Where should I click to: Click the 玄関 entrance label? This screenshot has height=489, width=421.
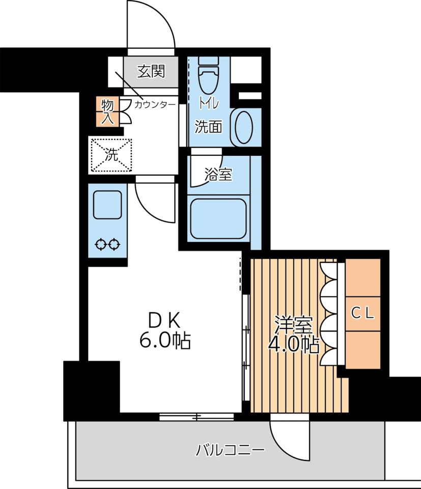coord(151,71)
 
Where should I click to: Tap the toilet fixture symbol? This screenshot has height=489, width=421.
coord(209,76)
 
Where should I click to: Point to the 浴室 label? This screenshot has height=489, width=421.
coord(218,174)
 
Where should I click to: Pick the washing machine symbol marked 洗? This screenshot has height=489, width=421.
coord(111,155)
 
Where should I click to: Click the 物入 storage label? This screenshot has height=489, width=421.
coord(107,112)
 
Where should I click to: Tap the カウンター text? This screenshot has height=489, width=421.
coord(155,104)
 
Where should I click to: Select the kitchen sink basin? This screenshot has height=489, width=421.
coord(107,205)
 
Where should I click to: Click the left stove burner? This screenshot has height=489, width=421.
coord(101,244)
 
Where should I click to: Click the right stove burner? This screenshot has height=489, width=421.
coord(114,244)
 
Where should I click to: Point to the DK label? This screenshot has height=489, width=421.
coord(164,320)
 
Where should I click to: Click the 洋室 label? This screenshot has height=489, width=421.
coord(293,325)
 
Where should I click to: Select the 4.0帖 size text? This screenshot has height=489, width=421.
coord(294,344)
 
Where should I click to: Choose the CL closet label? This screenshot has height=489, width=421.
coord(363,313)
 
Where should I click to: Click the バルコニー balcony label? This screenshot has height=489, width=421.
coord(230,450)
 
